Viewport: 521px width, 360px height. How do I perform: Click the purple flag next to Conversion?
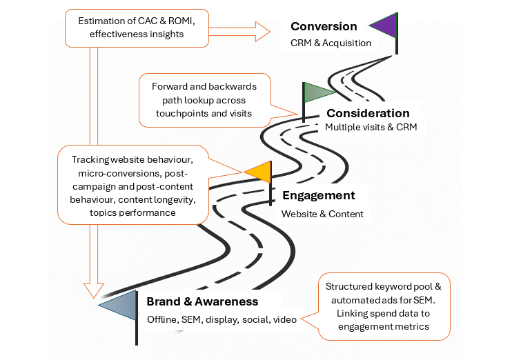coord(384,26)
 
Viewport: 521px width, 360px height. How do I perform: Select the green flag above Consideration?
coord(317,93)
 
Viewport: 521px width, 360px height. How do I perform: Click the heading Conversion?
coord(324,27)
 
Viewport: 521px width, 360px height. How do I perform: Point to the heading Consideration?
coord(368,113)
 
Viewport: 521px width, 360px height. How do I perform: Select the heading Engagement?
coord(318,196)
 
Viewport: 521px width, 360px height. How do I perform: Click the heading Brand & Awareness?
coord(202,301)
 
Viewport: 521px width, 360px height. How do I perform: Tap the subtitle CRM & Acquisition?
coord(331,43)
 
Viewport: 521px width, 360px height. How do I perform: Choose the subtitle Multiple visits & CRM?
coord(371,128)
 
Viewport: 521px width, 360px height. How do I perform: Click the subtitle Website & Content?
coord(322,214)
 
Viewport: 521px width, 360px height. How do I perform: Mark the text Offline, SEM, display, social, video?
coord(221,319)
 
